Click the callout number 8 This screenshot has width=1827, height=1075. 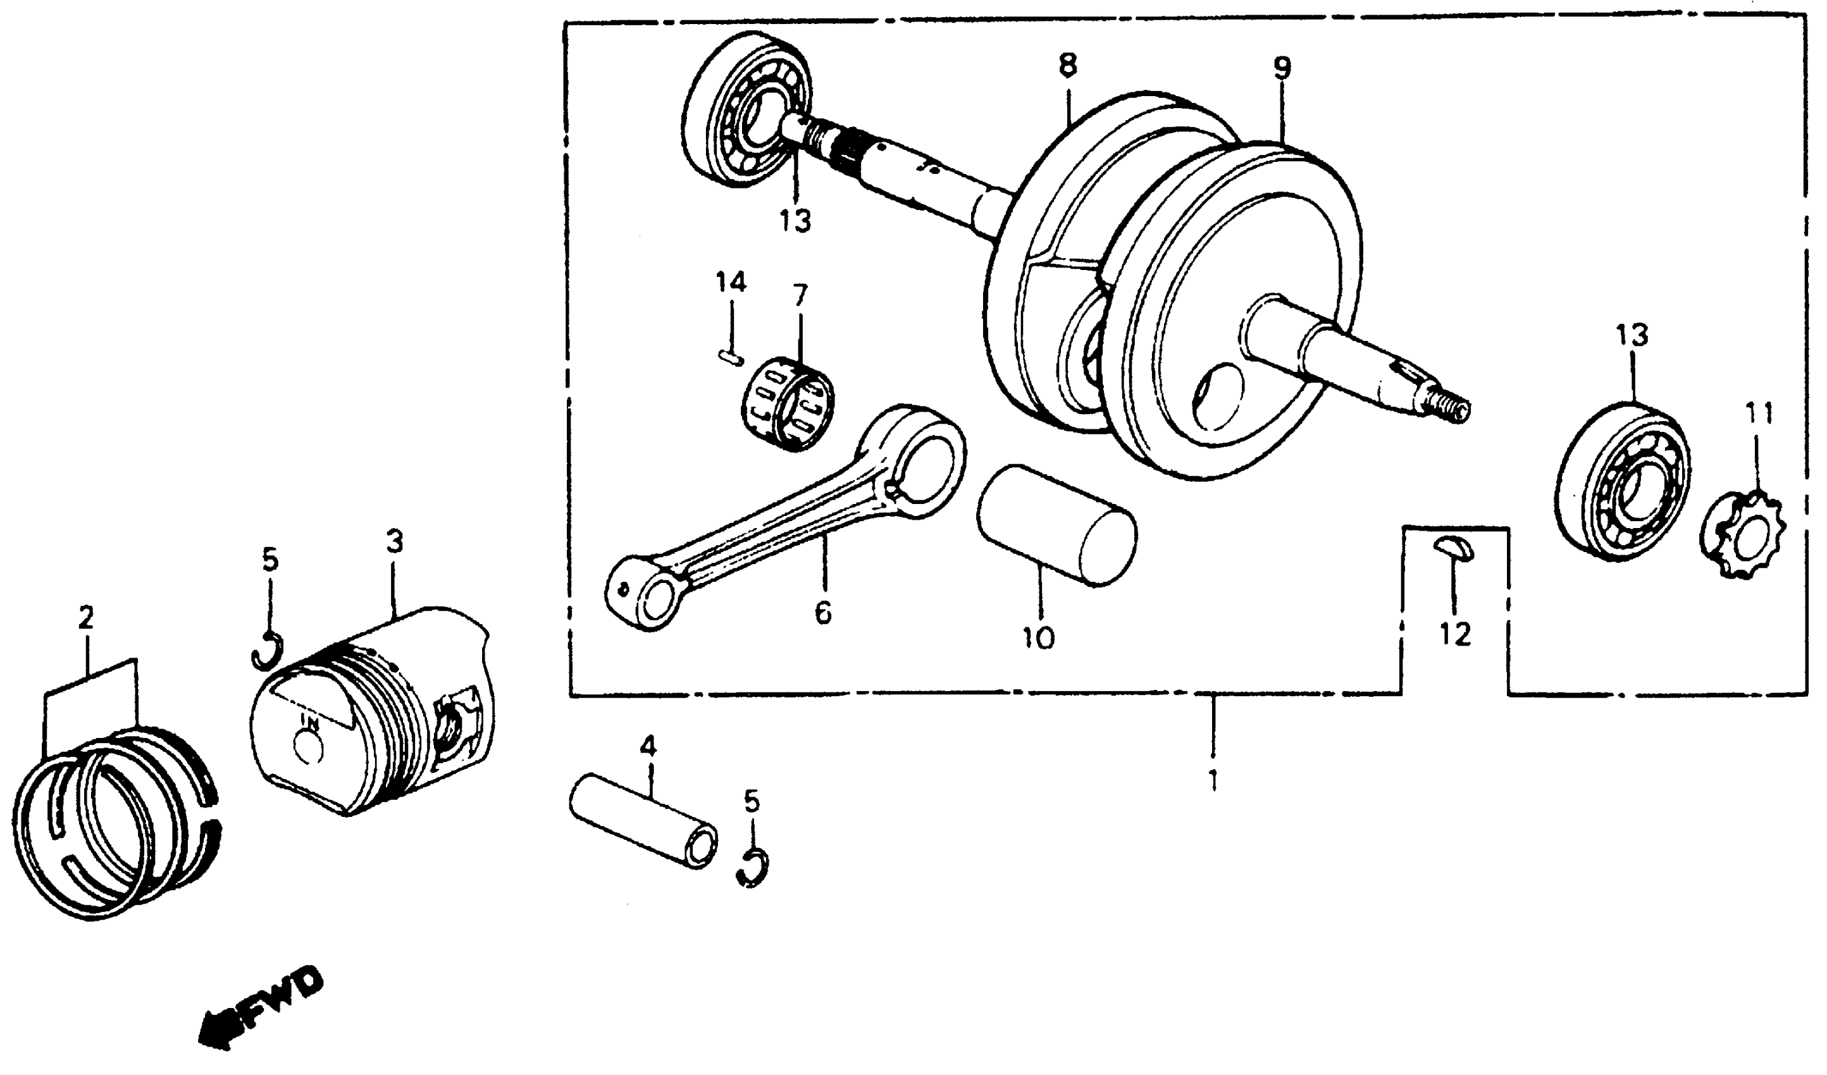point(1067,65)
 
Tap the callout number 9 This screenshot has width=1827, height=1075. point(1281,68)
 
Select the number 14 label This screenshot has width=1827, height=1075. point(731,281)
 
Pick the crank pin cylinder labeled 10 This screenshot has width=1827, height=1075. point(1056,525)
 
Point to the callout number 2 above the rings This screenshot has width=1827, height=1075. point(85,618)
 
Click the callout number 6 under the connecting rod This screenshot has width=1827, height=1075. point(823,613)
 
